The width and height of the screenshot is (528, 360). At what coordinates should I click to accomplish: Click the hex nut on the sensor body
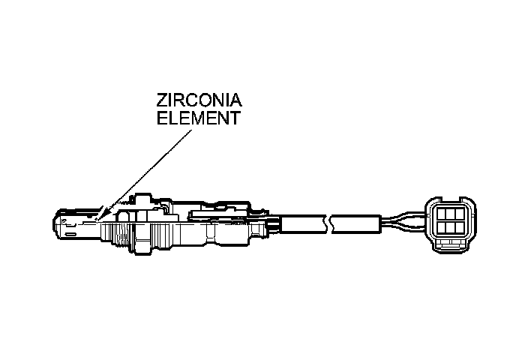142,229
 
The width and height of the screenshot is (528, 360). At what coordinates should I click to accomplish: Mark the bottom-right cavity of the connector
458,229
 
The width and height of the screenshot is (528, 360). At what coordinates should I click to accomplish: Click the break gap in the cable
328,223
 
